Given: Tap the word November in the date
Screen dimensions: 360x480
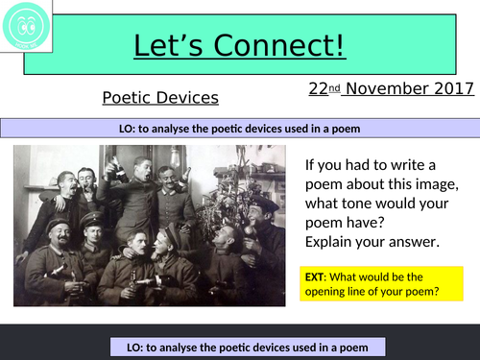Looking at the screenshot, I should click(x=387, y=89).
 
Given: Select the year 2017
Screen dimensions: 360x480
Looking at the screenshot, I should click(x=454, y=89).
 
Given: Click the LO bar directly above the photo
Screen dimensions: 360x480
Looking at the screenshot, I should click(x=240, y=130).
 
